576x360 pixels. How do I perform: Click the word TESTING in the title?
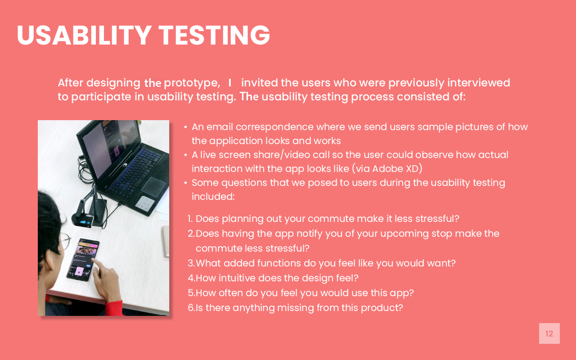(x=214, y=35)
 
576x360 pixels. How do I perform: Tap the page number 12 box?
(x=549, y=333)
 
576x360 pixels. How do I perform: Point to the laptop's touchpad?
(x=154, y=186)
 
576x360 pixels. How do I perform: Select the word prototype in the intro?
(x=191, y=83)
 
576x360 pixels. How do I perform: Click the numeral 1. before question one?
(x=190, y=219)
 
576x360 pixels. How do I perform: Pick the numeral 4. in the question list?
(x=191, y=278)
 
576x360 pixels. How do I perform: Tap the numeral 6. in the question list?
(x=191, y=308)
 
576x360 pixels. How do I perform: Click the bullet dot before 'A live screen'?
(x=185, y=155)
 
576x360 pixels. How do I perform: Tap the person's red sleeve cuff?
(x=115, y=308)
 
